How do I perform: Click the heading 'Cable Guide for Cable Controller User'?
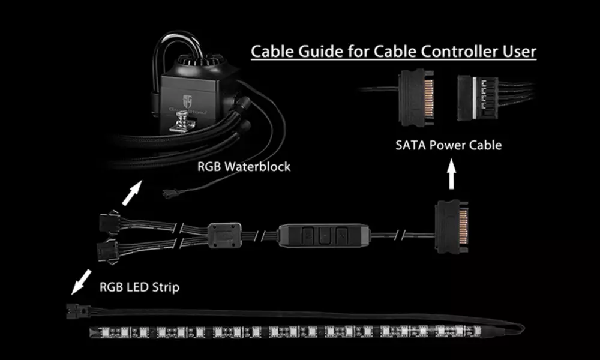[x=394, y=52]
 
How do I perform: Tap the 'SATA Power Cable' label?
[x=448, y=145]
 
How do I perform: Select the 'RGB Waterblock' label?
[x=244, y=166]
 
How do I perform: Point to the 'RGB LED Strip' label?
[x=139, y=287]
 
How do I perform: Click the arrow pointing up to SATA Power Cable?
[x=452, y=174]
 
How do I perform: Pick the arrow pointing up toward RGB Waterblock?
[x=132, y=193]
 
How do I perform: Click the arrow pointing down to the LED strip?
[x=81, y=282]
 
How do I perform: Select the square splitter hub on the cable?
[x=224, y=236]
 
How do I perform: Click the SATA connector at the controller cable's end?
[x=452, y=227]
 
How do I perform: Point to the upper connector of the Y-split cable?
[x=109, y=221]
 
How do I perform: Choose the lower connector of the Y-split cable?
[x=107, y=251]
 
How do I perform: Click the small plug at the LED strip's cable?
[x=77, y=311]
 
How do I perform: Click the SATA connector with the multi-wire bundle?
[x=478, y=98]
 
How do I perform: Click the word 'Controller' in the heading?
[x=458, y=52]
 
